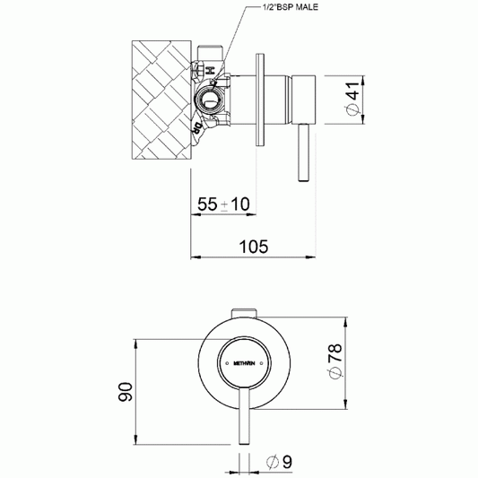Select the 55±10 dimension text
click(x=224, y=204)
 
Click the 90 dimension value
click(x=126, y=392)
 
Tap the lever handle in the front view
click(x=243, y=422)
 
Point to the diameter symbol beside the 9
click(x=270, y=463)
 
